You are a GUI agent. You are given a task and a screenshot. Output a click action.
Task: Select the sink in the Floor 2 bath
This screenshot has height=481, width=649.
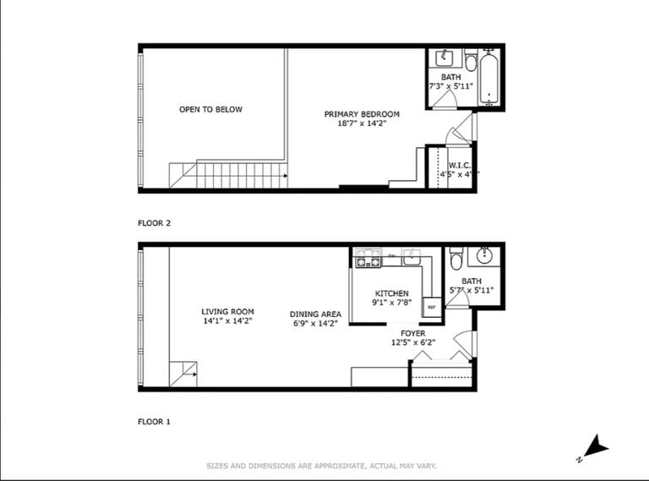[444, 58]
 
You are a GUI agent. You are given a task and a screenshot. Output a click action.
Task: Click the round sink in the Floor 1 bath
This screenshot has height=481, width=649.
[486, 255]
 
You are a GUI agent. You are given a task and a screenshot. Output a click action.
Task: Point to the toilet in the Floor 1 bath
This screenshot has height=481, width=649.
[456, 257]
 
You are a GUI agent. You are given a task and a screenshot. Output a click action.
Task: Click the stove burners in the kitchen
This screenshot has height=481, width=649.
[368, 260]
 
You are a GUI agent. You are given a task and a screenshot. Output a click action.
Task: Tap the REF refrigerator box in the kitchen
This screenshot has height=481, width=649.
[431, 307]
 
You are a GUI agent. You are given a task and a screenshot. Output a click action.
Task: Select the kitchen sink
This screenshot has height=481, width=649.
[412, 257]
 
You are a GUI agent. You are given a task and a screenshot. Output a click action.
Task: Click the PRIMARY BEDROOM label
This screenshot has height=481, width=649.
[362, 113]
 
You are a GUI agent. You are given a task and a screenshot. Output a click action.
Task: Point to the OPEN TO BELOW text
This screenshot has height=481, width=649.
[210, 109]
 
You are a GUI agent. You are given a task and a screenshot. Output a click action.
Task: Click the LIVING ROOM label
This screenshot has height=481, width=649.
[227, 311]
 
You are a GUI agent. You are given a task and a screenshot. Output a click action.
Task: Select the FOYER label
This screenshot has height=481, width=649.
[413, 333]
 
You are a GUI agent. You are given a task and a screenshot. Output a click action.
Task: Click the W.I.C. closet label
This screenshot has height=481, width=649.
[459, 165]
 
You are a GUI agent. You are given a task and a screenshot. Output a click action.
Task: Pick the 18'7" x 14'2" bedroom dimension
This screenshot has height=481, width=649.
[362, 123]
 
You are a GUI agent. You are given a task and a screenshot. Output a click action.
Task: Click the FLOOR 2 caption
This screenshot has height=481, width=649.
[155, 224]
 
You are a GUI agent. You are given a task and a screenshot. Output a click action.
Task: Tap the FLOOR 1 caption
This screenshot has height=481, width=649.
[155, 420]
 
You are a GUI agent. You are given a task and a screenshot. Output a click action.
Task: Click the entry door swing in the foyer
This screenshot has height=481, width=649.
[464, 343]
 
